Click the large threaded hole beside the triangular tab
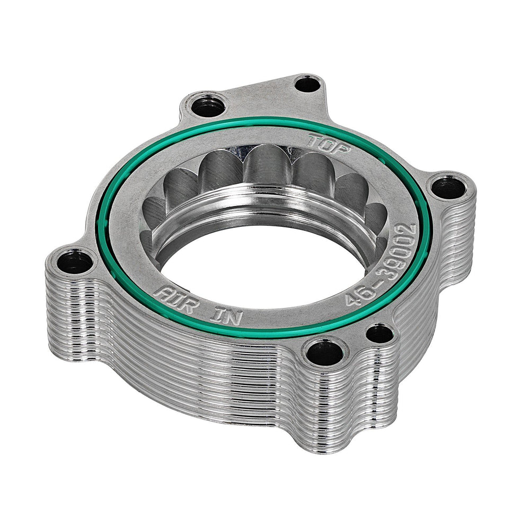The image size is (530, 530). (207, 108)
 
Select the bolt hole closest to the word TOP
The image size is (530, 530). (448, 187)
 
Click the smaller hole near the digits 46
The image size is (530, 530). (379, 334)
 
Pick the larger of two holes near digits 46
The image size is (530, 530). (324, 352)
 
